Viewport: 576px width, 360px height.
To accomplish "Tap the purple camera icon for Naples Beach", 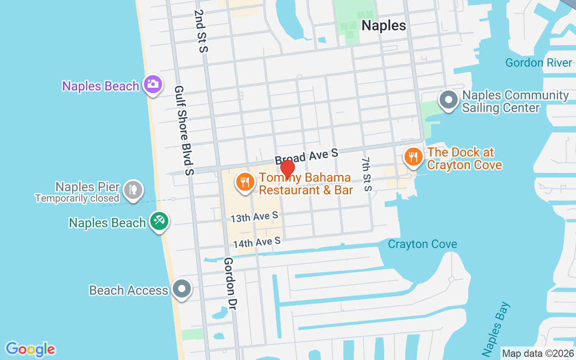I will pyautogui.click(x=153, y=84).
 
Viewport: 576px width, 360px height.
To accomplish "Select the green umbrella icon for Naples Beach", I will pyautogui.click(x=159, y=221).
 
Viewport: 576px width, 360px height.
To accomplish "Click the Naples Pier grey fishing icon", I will pyautogui.click(x=133, y=189).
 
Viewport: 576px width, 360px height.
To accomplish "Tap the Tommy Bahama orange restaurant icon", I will pyautogui.click(x=244, y=182).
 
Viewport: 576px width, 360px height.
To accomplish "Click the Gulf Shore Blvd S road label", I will pyautogui.click(x=184, y=130).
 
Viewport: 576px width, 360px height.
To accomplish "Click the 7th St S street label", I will pyautogui.click(x=367, y=174).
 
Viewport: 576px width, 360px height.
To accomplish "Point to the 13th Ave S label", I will pyautogui.click(x=254, y=217).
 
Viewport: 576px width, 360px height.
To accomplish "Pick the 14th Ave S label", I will pyautogui.click(x=256, y=243).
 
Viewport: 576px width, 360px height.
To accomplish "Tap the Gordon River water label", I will pyautogui.click(x=539, y=63).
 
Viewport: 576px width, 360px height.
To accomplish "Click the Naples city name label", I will pyautogui.click(x=384, y=26).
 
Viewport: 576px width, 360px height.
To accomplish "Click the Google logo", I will pyautogui.click(x=31, y=349).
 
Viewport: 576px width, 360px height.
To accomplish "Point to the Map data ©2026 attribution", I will pyautogui.click(x=538, y=354).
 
